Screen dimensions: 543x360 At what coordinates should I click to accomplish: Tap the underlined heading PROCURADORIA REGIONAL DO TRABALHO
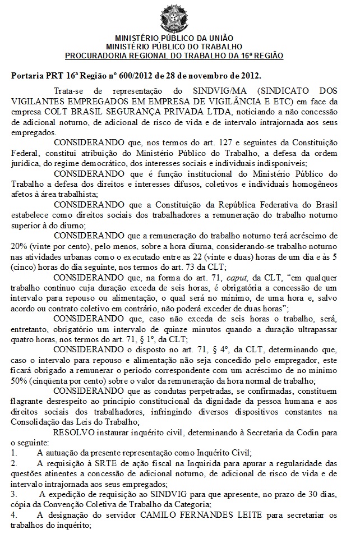point(174,56)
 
